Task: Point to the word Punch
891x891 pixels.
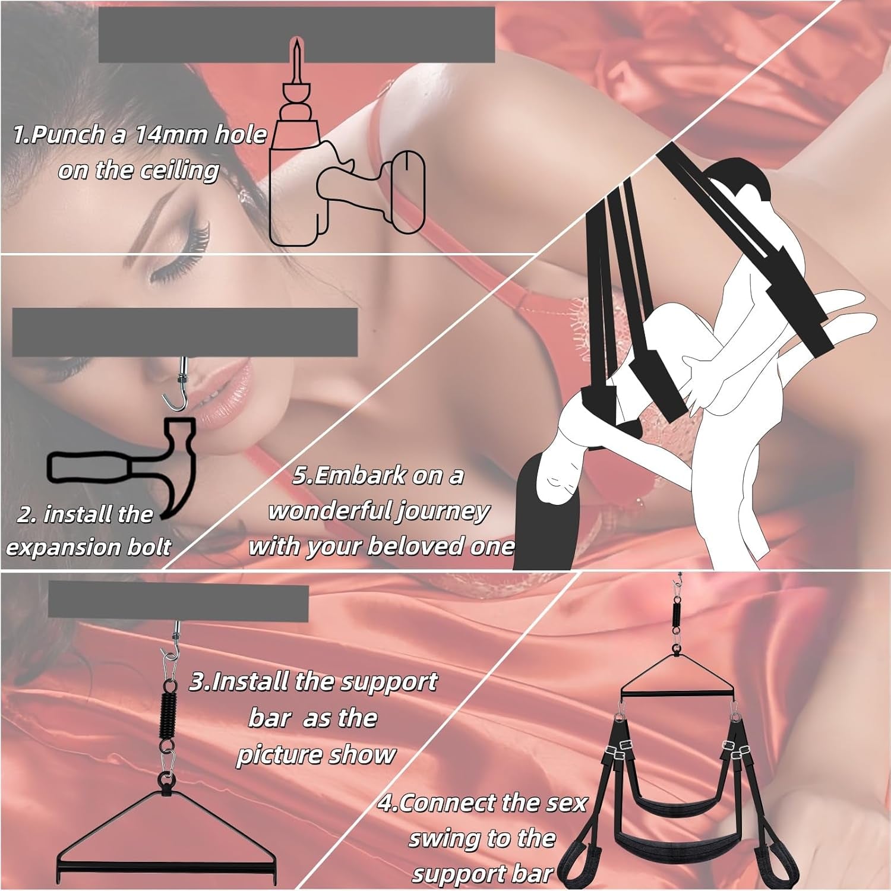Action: [69, 135]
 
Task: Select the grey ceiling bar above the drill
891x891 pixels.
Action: [296, 34]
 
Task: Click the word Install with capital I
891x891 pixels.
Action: [249, 682]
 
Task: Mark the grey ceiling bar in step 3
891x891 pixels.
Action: [178, 601]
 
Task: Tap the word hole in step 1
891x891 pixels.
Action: [240, 135]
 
